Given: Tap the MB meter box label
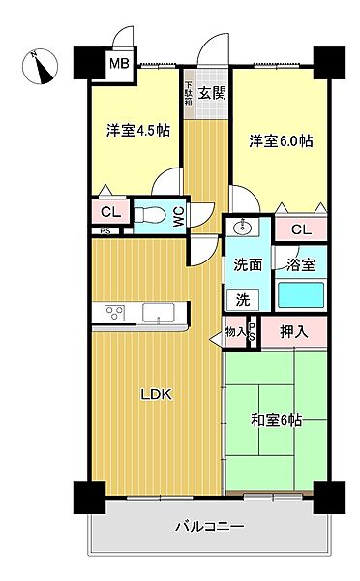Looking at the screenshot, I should (117, 65).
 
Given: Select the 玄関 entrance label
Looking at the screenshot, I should (213, 93).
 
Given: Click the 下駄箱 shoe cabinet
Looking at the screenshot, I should (189, 97).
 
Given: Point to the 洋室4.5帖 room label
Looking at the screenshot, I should (137, 131).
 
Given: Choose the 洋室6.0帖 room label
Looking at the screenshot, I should (280, 140).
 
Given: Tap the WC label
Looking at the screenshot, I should (178, 218).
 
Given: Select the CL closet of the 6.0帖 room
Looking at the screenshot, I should (301, 229).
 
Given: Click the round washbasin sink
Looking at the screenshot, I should (242, 229).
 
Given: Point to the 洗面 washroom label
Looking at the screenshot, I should (247, 264).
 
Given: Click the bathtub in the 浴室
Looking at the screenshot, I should (301, 294).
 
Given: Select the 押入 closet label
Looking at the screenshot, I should (294, 332).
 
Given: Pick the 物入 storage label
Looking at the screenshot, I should (235, 332).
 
